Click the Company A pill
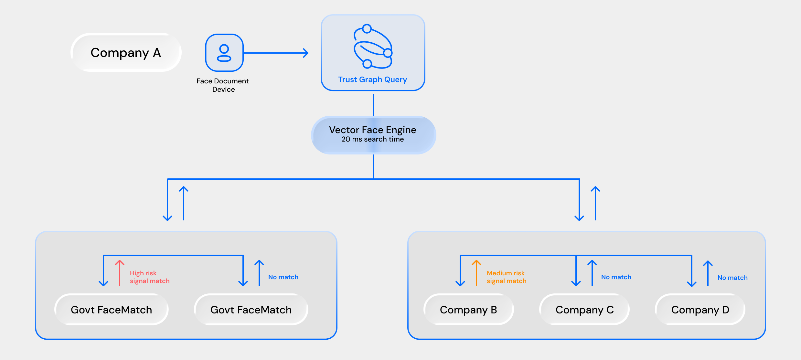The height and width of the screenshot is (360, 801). coord(126,53)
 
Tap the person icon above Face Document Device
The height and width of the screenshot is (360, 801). coord(224,53)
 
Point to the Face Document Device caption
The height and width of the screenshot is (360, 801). coord(223,85)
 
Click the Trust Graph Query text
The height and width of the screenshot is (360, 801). coord(372,79)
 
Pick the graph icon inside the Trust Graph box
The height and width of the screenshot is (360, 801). coord(373,46)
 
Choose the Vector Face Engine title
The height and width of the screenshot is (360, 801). coord(372,130)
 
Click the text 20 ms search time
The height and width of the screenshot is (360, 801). coord(372,139)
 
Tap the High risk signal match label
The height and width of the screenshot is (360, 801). coord(149,277)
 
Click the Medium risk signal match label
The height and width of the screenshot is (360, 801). coord(506,277)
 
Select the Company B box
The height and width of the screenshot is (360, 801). coord(468,310)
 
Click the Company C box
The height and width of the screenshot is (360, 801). coord(584,310)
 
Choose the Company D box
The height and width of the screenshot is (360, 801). coord(700,310)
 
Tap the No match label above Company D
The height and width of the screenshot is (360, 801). coord(732,278)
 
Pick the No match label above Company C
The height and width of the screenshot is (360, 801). coord(616,277)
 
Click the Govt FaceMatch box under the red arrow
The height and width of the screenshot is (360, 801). coord(111,310)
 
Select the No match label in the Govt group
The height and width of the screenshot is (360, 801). coord(283,277)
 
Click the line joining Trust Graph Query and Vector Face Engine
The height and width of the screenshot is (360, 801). coord(374,104)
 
